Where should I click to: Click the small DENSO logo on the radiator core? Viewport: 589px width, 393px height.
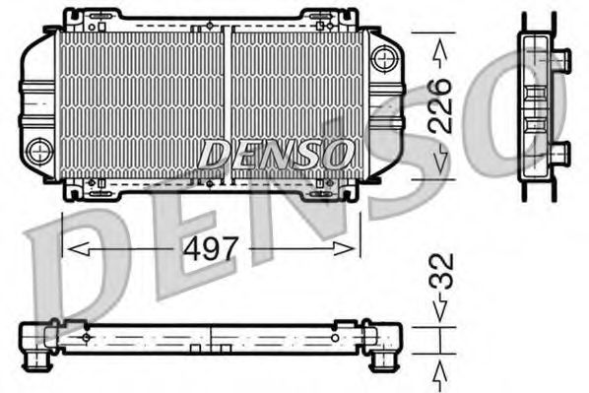coord(277,153)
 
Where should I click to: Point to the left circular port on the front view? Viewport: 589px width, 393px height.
coord(39,151)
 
